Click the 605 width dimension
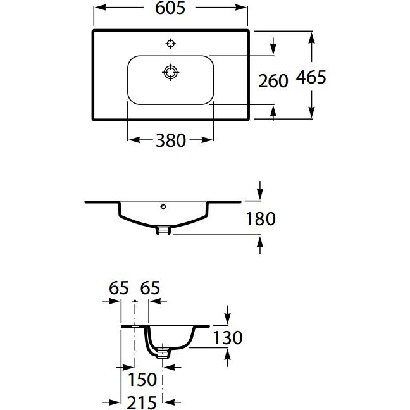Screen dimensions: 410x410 [x=170, y=8]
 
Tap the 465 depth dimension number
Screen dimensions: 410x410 [x=311, y=77]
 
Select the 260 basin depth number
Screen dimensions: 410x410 [x=273, y=81]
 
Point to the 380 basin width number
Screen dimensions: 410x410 [x=171, y=140]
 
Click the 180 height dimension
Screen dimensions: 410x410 [x=261, y=218]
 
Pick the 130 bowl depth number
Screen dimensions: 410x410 [x=228, y=338]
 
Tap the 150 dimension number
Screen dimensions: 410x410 [x=142, y=379]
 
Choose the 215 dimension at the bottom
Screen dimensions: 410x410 [x=142, y=402]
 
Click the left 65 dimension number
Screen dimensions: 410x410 [x=119, y=288]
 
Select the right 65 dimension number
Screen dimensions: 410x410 [x=150, y=288]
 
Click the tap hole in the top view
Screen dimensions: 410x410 [x=170, y=44]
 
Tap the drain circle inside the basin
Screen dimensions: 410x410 [x=170, y=72]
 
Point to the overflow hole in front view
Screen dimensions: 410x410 [x=163, y=206]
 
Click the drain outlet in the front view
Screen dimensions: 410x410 [x=163, y=230]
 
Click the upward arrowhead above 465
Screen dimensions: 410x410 [x=311, y=39]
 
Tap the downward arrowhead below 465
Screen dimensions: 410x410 [x=311, y=111]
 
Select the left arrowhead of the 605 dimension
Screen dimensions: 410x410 [x=101, y=8]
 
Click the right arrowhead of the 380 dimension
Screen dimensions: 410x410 [x=206, y=140]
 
